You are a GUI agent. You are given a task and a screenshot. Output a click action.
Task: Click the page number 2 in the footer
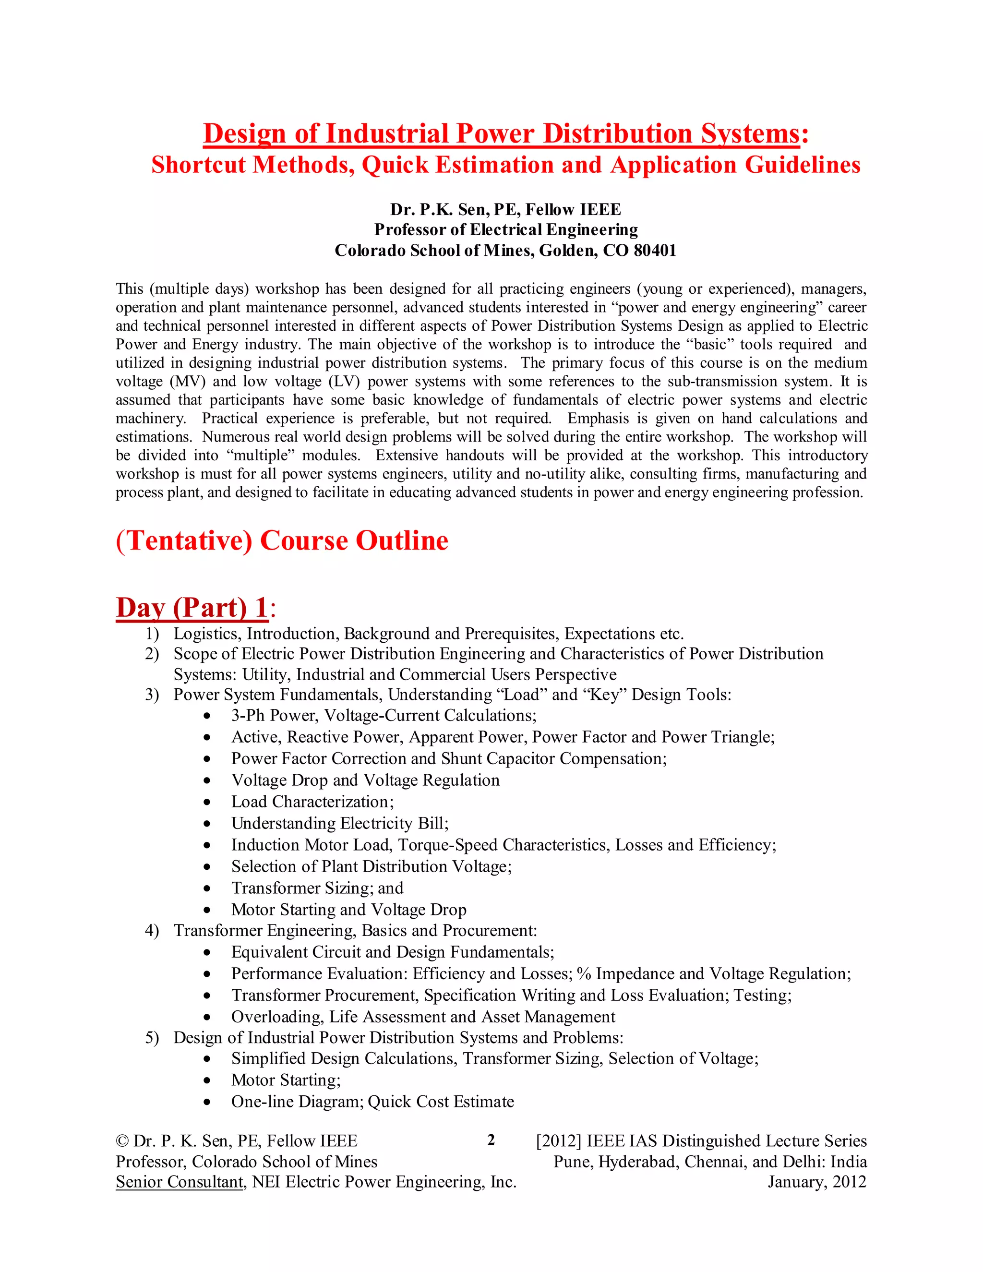491,1140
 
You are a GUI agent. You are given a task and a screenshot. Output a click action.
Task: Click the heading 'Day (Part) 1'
192,608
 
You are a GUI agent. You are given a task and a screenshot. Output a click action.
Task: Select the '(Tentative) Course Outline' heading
282,540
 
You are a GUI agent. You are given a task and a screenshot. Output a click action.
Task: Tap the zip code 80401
655,251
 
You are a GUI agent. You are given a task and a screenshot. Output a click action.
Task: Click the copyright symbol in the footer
122,1141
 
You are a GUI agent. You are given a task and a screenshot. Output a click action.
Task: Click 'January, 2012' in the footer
816,1182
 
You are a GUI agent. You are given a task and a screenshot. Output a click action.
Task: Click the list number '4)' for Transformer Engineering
152,931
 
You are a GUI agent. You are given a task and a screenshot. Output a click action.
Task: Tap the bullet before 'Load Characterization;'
207,803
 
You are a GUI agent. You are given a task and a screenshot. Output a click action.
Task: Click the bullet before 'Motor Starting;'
207,1081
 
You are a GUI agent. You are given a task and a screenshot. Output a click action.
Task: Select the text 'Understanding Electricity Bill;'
339,824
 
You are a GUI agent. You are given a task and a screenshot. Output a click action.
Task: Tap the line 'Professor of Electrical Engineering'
505,230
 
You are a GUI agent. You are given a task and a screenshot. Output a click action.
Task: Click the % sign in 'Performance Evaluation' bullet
584,974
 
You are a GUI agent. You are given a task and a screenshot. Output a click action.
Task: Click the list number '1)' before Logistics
152,634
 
